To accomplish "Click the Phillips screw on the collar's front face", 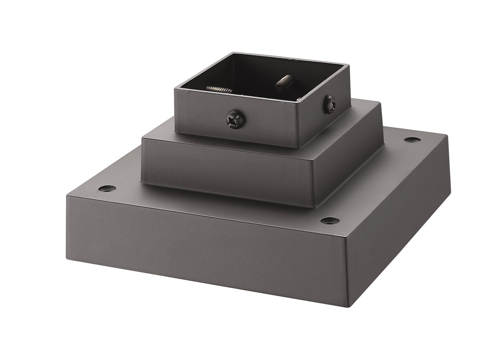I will tap(235, 119).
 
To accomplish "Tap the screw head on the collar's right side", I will tap(330, 104).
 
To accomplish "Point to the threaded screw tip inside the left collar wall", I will tap(219, 89).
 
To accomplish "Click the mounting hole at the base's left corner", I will tap(107, 188).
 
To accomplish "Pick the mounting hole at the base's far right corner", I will tap(412, 140).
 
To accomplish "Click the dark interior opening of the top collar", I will tap(260, 77).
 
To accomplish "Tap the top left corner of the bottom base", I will tap(68, 195).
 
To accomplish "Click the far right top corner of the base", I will tap(447, 136).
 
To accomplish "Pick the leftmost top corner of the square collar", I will tap(175, 89).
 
